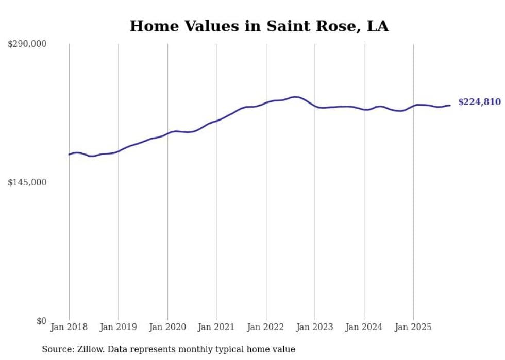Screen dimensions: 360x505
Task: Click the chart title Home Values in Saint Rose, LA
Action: pos(259,26)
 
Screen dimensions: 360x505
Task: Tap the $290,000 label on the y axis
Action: pos(27,44)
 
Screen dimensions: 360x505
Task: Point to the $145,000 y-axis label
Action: pos(27,182)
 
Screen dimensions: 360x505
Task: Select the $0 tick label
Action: pos(41,321)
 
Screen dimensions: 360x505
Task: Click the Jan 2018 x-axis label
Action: pos(69,327)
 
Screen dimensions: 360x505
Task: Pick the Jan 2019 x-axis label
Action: pos(118,327)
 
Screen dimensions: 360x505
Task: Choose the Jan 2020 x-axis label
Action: pos(167,327)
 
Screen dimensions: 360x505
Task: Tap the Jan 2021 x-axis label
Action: pos(216,327)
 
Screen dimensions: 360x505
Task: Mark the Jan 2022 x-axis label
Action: pos(266,327)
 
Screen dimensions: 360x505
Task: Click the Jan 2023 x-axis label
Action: pos(315,327)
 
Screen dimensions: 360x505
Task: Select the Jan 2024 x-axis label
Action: pos(364,327)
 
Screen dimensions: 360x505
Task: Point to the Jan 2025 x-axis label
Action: pos(413,327)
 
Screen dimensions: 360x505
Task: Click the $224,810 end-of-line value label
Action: pos(479,102)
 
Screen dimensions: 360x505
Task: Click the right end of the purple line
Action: pos(450,106)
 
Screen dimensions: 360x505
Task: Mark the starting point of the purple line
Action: pos(69,155)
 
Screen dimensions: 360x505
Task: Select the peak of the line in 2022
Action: pos(295,96)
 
